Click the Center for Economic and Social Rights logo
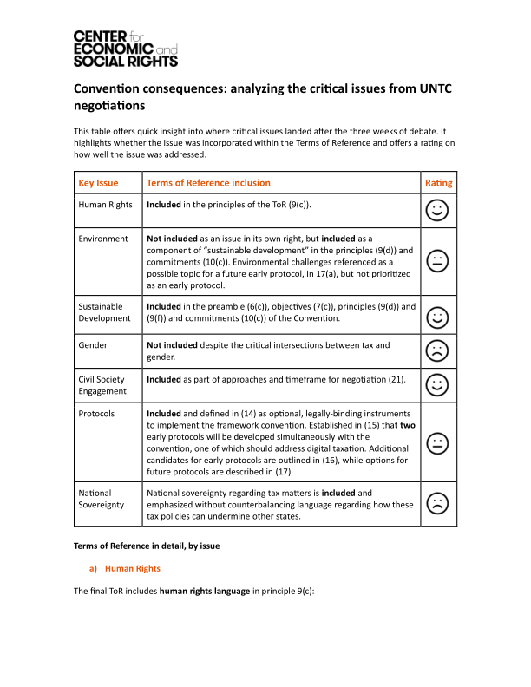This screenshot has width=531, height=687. [125, 48]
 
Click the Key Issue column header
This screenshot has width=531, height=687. [98, 183]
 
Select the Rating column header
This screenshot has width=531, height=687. [438, 183]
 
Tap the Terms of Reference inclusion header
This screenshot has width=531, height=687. [208, 183]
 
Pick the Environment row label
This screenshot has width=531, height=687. [103, 239]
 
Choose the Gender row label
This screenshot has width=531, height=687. [94, 345]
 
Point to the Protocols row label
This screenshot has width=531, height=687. [96, 414]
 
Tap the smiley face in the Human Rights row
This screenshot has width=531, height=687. [438, 210]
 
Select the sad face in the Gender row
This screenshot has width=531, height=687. [438, 350]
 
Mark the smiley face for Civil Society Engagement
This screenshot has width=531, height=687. [438, 384]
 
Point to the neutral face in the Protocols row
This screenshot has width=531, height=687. [438, 442]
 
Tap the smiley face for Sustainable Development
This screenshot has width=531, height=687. [438, 317]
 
